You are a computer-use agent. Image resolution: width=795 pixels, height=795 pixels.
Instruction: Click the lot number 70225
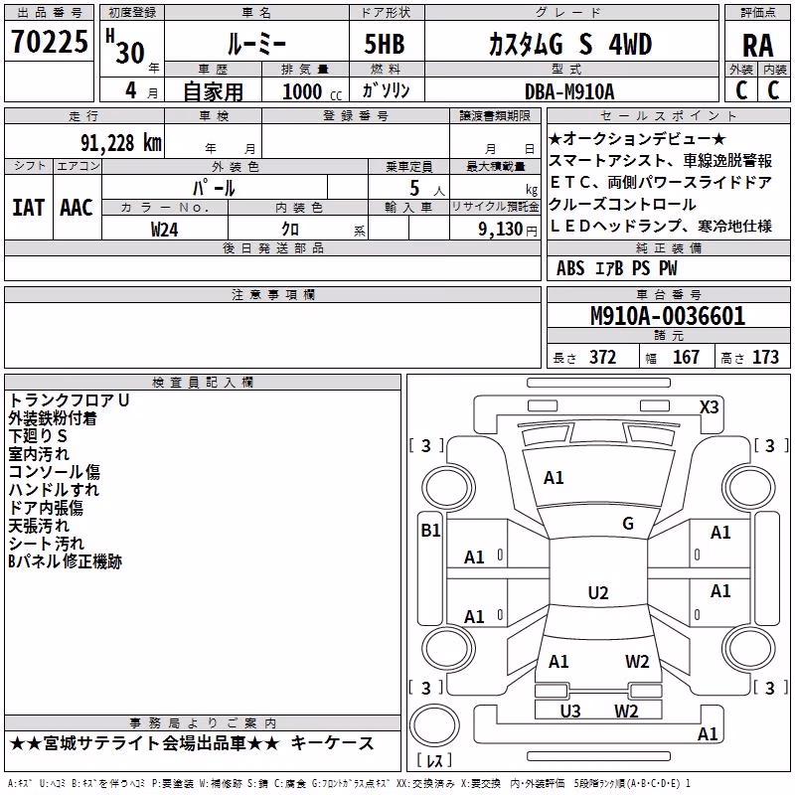point(49,41)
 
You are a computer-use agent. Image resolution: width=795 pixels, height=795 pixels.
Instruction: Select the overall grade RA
point(757,46)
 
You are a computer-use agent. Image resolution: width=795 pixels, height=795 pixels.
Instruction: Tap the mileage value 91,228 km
point(120,143)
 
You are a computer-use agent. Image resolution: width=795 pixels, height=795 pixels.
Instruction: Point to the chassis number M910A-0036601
point(668,316)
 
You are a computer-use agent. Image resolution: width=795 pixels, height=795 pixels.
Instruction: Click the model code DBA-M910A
point(569,91)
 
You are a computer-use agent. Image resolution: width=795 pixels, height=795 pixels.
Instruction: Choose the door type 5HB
point(385,44)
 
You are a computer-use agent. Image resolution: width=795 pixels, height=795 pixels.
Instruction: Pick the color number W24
point(164,230)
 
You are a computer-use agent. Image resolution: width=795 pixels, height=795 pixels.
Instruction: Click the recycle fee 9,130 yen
point(508,230)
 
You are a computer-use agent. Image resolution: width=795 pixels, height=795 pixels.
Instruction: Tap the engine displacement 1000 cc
point(312,91)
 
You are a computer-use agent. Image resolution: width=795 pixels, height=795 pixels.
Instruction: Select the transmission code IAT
point(28,208)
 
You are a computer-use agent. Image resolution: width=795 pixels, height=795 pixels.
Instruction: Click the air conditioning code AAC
point(77,208)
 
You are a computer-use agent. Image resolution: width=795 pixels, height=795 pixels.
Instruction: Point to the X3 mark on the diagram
point(709,407)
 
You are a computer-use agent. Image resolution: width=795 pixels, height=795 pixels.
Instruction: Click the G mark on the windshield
point(628,523)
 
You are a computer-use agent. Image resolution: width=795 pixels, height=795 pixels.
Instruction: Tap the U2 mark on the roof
point(598,592)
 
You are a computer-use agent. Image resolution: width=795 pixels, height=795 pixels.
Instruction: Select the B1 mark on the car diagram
point(430,531)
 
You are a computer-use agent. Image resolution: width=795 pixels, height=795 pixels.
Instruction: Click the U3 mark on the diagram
point(569,711)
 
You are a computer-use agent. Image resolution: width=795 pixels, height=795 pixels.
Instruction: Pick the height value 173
point(765,357)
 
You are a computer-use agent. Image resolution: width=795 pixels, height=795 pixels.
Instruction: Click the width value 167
point(686,357)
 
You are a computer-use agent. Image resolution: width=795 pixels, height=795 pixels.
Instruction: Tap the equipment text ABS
point(570,268)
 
